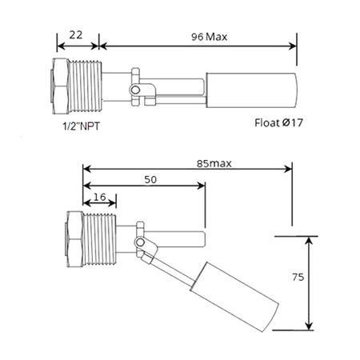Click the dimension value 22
pyautogui.click(x=77, y=35)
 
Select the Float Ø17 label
pyautogui.click(x=277, y=124)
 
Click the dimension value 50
pyautogui.click(x=150, y=181)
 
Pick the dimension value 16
pyautogui.click(x=100, y=196)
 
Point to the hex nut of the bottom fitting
pyautogui.click(x=70, y=241)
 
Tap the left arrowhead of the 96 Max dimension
pyautogui.click(x=102, y=46)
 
